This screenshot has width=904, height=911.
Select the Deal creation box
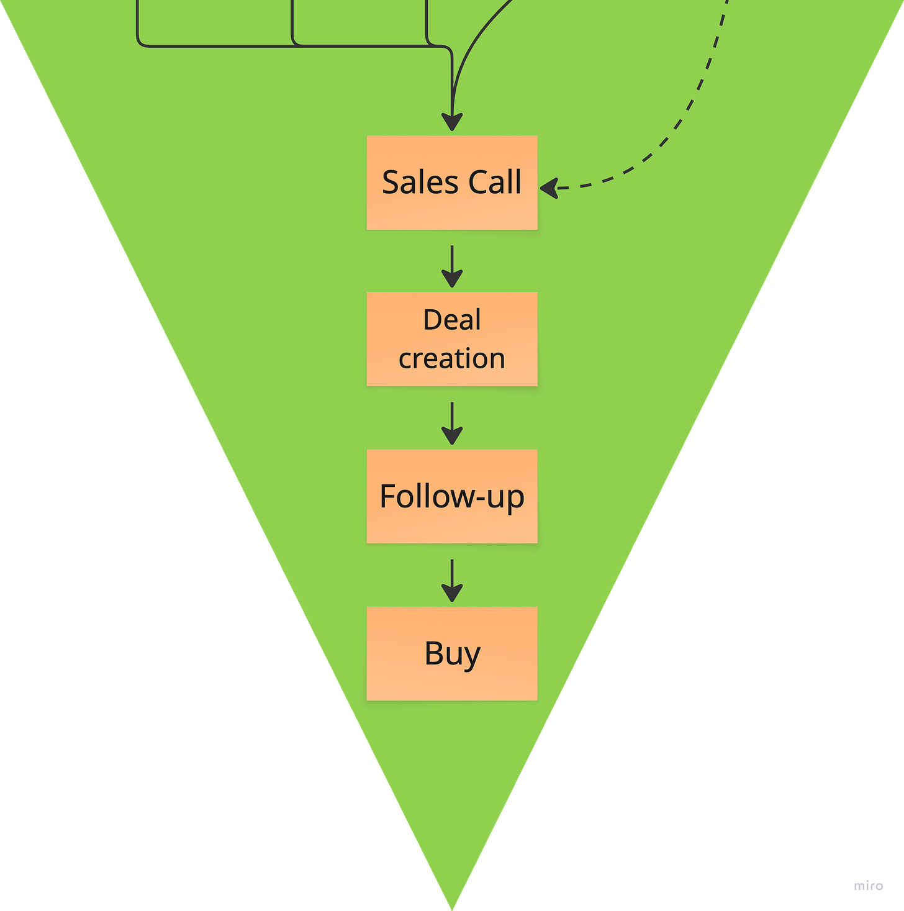pyautogui.click(x=452, y=339)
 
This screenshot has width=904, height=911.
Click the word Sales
pyautogui.click(x=420, y=183)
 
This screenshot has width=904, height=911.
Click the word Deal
pyautogui.click(x=452, y=320)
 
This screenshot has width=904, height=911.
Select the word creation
pyautogui.click(x=452, y=359)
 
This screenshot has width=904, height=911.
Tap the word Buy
pyautogui.click(x=452, y=654)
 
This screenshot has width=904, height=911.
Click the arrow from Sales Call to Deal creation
pyautogui.click(x=452, y=267)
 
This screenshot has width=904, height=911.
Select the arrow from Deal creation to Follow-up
pyautogui.click(x=452, y=424)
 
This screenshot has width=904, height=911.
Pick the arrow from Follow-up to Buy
pyautogui.click(x=452, y=581)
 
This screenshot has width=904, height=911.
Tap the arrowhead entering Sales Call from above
pyautogui.click(x=452, y=122)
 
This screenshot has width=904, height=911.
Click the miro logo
pyautogui.click(x=869, y=886)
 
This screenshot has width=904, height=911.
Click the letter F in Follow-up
pyautogui.click(x=387, y=496)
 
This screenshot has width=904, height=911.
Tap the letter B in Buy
pyautogui.click(x=434, y=653)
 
